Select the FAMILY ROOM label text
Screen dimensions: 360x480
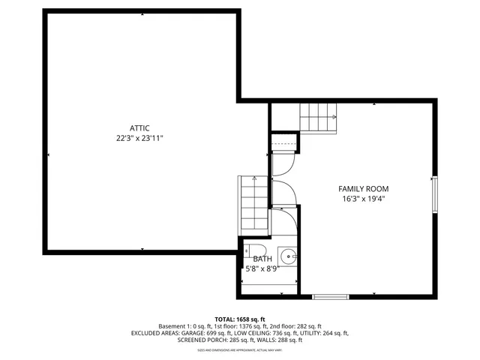(363, 188)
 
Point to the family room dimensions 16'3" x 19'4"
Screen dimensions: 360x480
(363, 199)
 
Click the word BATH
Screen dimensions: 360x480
(262, 259)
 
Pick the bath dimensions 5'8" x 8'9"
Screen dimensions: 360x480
(262, 268)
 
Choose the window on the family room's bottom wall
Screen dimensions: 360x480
(330, 297)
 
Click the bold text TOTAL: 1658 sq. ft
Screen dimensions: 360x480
(240, 319)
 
